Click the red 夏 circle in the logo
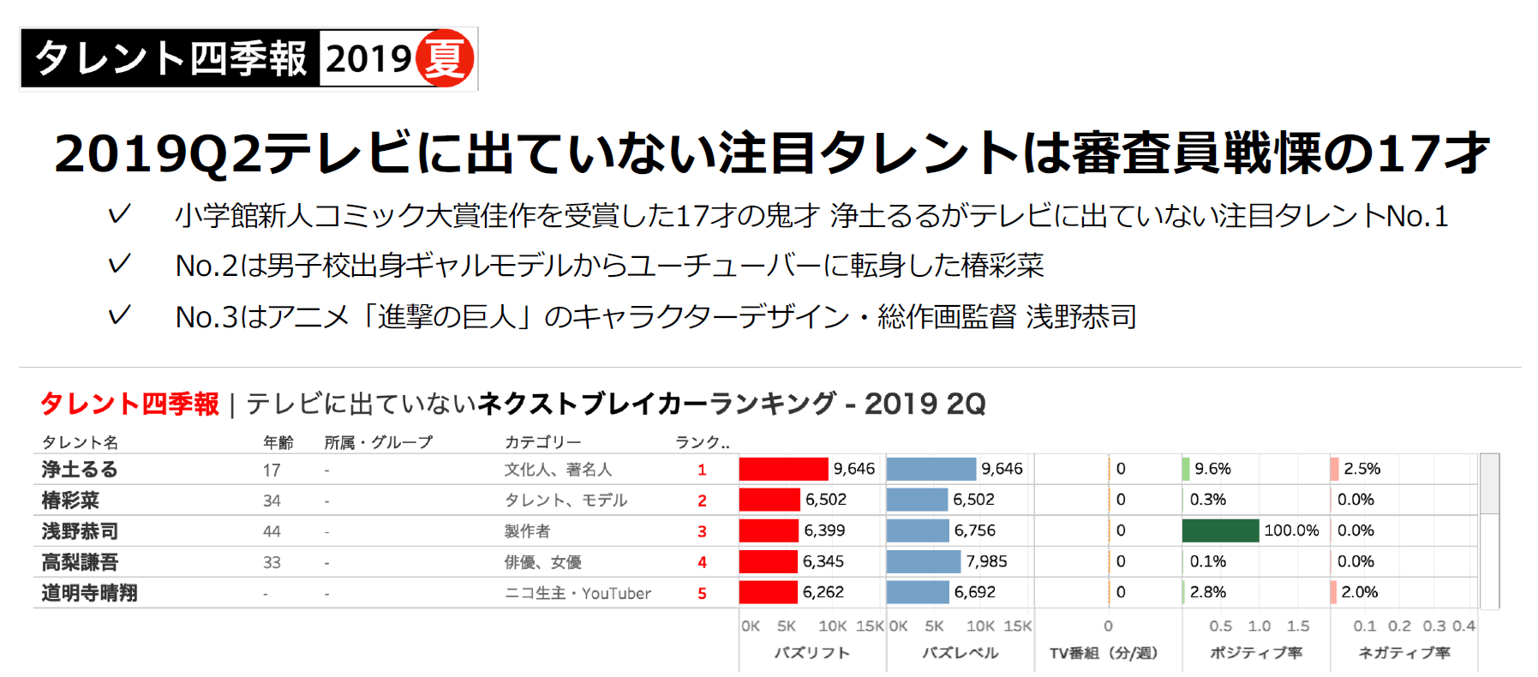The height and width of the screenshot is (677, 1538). (x=444, y=58)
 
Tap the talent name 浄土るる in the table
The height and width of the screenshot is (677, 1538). (x=80, y=470)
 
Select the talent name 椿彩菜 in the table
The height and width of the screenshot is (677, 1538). (x=70, y=500)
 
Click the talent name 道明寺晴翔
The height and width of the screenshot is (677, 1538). (x=89, y=593)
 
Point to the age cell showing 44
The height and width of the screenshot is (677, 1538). (x=272, y=531)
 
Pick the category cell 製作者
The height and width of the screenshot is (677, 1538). (x=527, y=531)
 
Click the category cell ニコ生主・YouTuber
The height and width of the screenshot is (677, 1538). (x=577, y=593)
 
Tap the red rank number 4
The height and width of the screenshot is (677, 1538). (x=702, y=562)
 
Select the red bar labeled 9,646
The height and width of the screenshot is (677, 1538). (x=783, y=469)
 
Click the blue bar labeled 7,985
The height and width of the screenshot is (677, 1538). (x=923, y=561)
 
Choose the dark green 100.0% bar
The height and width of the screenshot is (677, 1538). (x=1220, y=530)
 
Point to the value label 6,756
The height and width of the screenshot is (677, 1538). (x=975, y=530)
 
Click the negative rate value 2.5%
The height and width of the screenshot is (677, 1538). (x=1361, y=469)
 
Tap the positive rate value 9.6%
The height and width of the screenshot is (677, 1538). (x=1212, y=469)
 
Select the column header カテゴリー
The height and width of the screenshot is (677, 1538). (x=542, y=442)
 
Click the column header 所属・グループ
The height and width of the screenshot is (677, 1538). (x=378, y=442)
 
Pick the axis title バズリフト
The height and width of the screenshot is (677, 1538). (x=811, y=653)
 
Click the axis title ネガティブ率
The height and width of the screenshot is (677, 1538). (x=1404, y=653)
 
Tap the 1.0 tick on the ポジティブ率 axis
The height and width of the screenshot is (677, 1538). (x=1259, y=626)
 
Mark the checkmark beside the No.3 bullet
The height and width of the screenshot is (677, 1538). (x=119, y=315)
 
